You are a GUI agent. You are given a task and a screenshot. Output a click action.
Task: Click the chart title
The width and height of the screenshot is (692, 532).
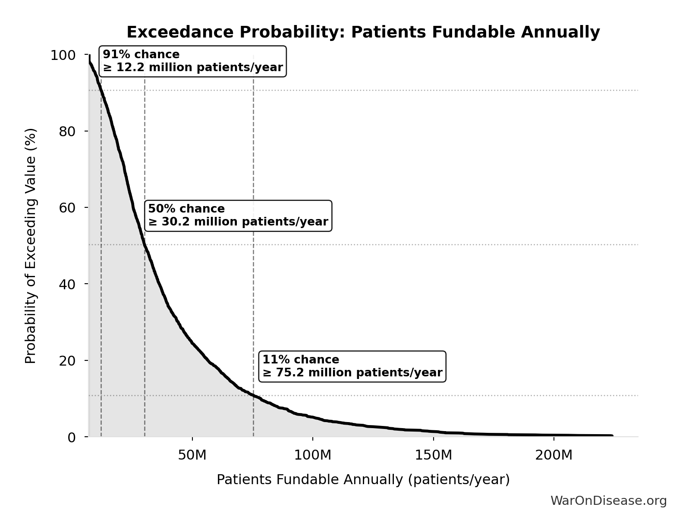point(363,32)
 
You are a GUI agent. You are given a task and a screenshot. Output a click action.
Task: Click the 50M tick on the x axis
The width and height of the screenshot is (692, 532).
point(192,455)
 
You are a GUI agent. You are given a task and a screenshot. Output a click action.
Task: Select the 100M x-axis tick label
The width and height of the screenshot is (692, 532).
point(312,455)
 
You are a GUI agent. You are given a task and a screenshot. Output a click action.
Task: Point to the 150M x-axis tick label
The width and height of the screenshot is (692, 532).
point(433,455)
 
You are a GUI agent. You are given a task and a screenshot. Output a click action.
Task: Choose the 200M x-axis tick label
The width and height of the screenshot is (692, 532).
point(554,455)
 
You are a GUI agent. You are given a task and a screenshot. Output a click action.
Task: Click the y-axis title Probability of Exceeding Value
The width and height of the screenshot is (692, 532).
point(31,246)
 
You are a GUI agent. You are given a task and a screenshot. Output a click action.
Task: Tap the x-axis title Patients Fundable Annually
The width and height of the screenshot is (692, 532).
point(363,479)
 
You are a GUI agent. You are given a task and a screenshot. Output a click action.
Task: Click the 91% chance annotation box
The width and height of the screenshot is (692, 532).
point(192,61)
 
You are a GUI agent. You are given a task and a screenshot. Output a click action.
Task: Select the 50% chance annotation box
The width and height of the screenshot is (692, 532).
point(238,216)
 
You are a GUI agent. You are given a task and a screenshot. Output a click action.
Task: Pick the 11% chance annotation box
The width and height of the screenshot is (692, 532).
point(352,366)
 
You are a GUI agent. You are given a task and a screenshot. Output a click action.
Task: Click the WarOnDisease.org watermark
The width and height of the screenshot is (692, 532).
point(608,501)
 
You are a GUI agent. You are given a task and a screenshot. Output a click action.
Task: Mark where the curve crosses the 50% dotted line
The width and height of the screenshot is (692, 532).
point(145,244)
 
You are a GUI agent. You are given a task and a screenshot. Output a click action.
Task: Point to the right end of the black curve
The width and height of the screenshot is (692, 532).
point(612,435)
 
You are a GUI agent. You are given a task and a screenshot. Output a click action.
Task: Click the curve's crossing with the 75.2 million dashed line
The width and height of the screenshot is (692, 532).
point(253,395)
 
